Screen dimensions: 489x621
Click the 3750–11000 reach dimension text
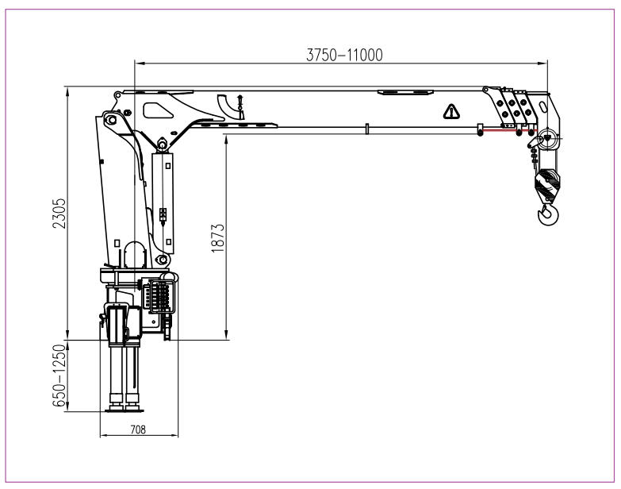coord(344,55)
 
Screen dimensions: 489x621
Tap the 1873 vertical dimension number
coord(220,238)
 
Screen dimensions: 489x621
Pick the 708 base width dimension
coord(138,429)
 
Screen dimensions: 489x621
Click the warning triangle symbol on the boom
coord(450,111)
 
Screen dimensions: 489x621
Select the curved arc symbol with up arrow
coord(231,105)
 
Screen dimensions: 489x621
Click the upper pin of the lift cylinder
coord(161,144)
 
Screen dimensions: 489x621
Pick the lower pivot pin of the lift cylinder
coord(162,260)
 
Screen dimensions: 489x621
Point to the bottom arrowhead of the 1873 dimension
coord(227,336)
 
